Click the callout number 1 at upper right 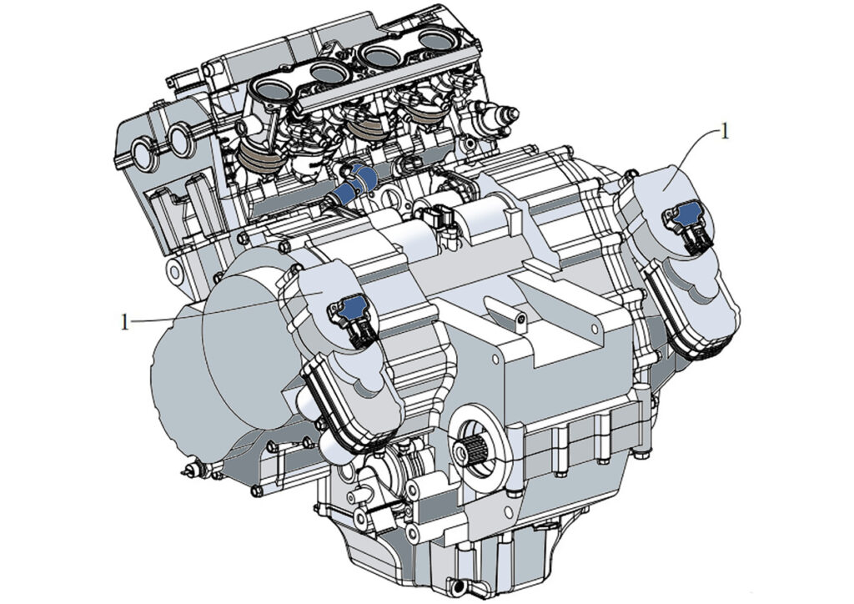pos(724,131)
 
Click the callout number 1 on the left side pos(125,322)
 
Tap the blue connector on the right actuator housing pos(687,214)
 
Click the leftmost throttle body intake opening pos(271,88)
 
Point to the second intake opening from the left pos(328,72)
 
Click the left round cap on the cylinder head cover pos(143,152)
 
